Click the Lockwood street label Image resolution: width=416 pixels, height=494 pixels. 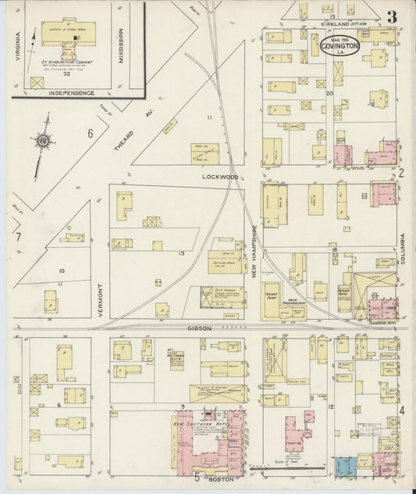point(219,177)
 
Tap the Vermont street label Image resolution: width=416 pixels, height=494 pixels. point(101,299)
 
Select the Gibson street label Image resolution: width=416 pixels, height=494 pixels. point(198,328)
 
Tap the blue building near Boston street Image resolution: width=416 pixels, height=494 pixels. point(344,467)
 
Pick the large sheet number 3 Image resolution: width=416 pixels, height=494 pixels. point(392,16)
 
